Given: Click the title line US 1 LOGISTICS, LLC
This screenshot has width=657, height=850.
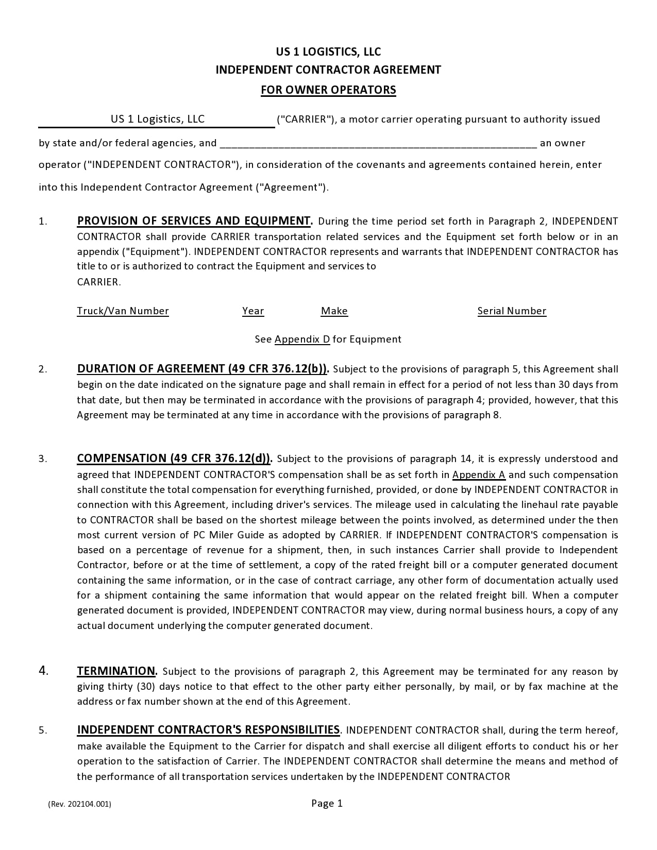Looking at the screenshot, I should (x=328, y=52).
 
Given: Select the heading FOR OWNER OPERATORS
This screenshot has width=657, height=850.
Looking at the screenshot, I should (x=328, y=90).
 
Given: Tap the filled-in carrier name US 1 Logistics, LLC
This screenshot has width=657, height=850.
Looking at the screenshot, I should (x=158, y=120).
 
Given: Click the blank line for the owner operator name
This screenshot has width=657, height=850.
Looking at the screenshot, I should (x=378, y=144).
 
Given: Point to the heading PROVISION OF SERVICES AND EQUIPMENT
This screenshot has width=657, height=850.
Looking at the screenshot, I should (x=194, y=221).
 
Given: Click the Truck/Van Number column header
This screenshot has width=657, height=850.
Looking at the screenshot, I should (x=123, y=311).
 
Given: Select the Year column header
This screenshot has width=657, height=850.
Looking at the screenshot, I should (x=253, y=311).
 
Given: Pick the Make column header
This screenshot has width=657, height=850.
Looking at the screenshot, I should (x=334, y=311).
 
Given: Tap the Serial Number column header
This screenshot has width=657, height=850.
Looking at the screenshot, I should (x=512, y=311).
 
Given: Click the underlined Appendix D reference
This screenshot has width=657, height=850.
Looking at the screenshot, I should (x=302, y=339).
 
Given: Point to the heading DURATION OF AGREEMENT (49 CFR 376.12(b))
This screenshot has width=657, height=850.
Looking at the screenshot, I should (x=203, y=369).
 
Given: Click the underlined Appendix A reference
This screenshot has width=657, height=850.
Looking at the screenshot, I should (x=479, y=475).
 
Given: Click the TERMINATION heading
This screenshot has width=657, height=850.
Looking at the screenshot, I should (x=117, y=671).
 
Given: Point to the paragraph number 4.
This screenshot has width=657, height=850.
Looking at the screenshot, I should (x=44, y=671).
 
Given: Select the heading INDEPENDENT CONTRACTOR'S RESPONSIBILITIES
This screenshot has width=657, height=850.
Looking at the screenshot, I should (x=208, y=730).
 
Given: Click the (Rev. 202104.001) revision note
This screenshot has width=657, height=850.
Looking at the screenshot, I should (x=79, y=804).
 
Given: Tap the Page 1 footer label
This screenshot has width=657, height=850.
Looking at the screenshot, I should (x=327, y=804).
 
